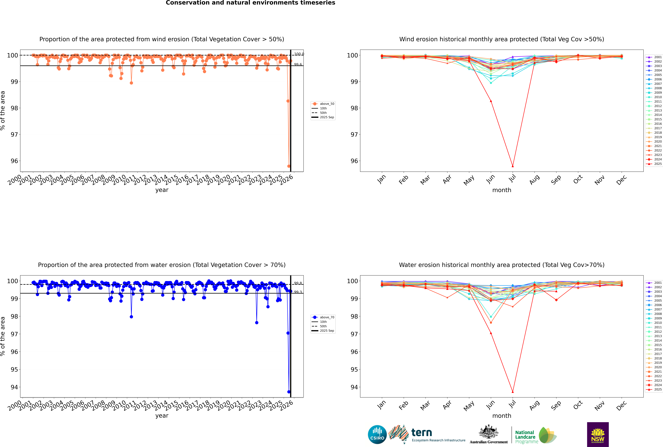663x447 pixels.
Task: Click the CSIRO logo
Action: point(377,434)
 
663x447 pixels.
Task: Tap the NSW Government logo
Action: point(598,434)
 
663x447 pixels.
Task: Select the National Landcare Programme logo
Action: point(535,435)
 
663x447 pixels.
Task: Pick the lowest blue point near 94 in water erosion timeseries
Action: point(289,392)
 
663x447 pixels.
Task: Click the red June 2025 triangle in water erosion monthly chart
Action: point(491,333)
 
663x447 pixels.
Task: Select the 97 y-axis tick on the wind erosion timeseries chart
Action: point(14,135)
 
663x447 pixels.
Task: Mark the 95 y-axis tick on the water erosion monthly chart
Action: point(354,369)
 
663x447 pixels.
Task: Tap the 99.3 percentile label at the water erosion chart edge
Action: point(298,292)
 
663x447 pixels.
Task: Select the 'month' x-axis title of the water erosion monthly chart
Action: point(502,416)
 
